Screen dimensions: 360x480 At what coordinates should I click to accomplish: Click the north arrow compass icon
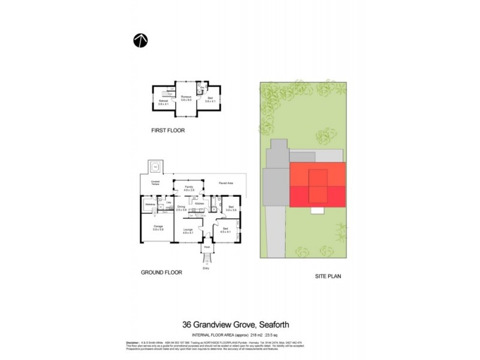(x=140, y=40)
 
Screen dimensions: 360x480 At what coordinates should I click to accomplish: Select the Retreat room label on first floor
(x=162, y=103)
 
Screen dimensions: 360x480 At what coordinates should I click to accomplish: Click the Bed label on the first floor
(x=209, y=99)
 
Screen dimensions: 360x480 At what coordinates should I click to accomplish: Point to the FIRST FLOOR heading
(x=168, y=130)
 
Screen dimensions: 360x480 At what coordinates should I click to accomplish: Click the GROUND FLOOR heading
(x=161, y=272)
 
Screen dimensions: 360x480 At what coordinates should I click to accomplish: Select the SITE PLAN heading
(x=329, y=277)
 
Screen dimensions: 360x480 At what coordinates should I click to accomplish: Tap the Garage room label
(x=158, y=227)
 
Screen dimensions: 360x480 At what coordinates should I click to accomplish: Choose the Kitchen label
(x=200, y=205)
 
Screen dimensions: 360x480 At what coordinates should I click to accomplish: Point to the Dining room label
(x=181, y=208)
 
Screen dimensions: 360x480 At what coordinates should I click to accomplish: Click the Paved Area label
(x=226, y=182)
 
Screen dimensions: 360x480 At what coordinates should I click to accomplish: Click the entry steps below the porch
(x=207, y=259)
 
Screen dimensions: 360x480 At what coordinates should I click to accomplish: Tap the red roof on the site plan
(x=318, y=185)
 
